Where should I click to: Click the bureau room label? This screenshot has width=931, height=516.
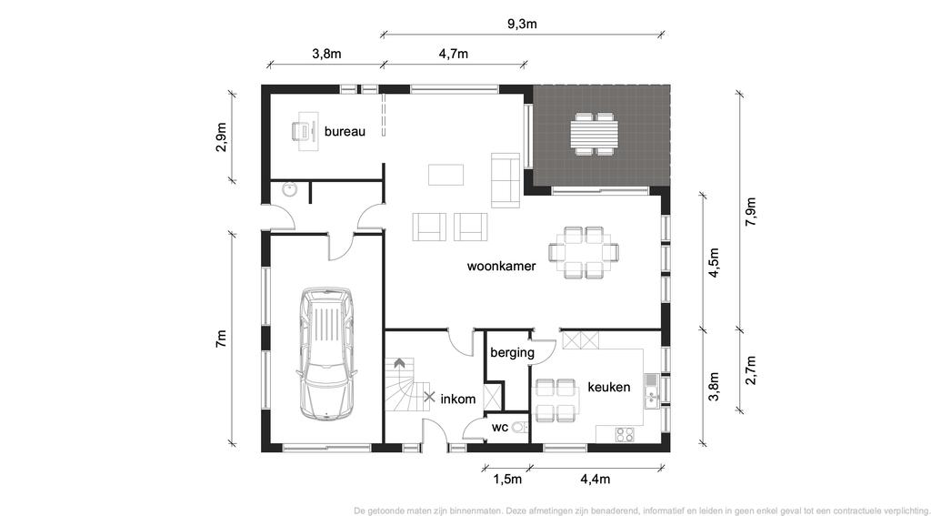click(345, 131)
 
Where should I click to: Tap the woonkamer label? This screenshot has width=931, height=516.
click(501, 266)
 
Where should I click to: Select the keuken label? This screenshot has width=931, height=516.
click(608, 387)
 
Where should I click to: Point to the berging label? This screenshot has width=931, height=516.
click(512, 352)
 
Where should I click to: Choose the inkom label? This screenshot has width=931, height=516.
click(458, 399)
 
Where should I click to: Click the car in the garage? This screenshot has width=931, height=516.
click(326, 353)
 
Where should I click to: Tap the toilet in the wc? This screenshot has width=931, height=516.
click(520, 427)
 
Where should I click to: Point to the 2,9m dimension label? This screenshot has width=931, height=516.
click(221, 137)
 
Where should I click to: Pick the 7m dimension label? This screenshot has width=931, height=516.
click(221, 338)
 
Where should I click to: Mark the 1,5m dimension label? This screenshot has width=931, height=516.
click(506, 479)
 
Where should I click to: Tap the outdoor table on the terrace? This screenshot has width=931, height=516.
click(594, 134)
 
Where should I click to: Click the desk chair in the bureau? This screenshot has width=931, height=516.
click(300, 130)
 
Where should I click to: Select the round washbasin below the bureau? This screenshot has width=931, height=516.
click(290, 189)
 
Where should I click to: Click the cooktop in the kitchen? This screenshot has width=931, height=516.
click(625, 435)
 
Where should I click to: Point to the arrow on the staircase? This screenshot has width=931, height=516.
click(398, 362)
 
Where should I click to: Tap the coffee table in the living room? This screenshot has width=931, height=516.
click(445, 175)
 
